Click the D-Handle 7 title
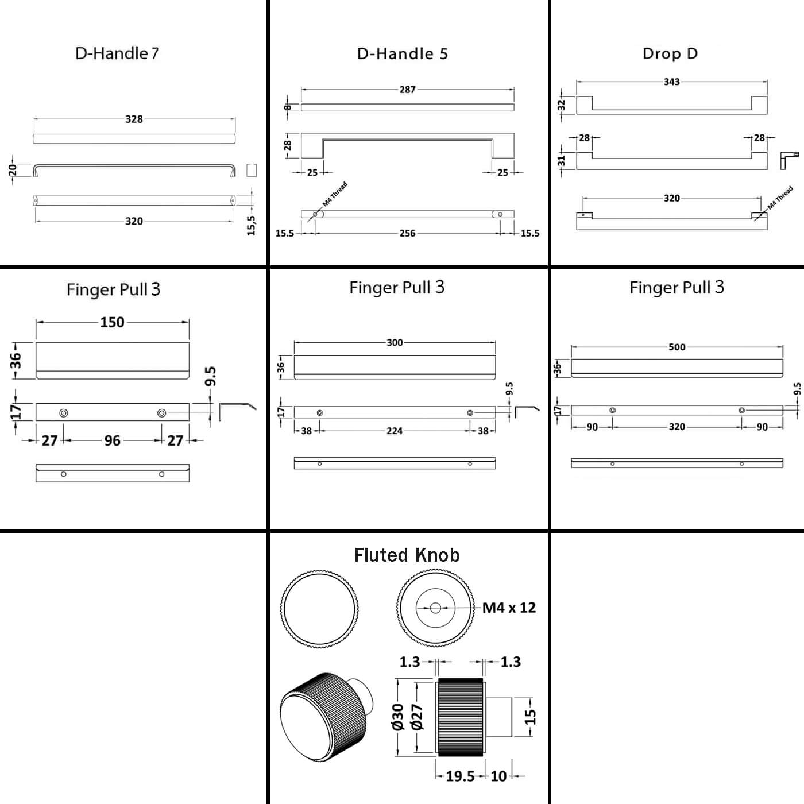117,53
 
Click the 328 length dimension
134,119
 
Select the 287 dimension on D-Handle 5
407,90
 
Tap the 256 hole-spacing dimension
407,233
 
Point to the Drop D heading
670,53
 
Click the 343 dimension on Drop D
671,82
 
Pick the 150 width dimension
112,322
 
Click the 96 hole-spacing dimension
112,440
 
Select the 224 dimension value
394,431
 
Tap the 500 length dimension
677,347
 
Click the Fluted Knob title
407,555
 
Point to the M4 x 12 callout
509,608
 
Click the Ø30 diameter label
397,717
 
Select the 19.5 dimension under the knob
461,776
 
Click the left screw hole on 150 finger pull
63,412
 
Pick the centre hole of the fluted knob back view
435,607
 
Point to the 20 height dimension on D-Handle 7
13,170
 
